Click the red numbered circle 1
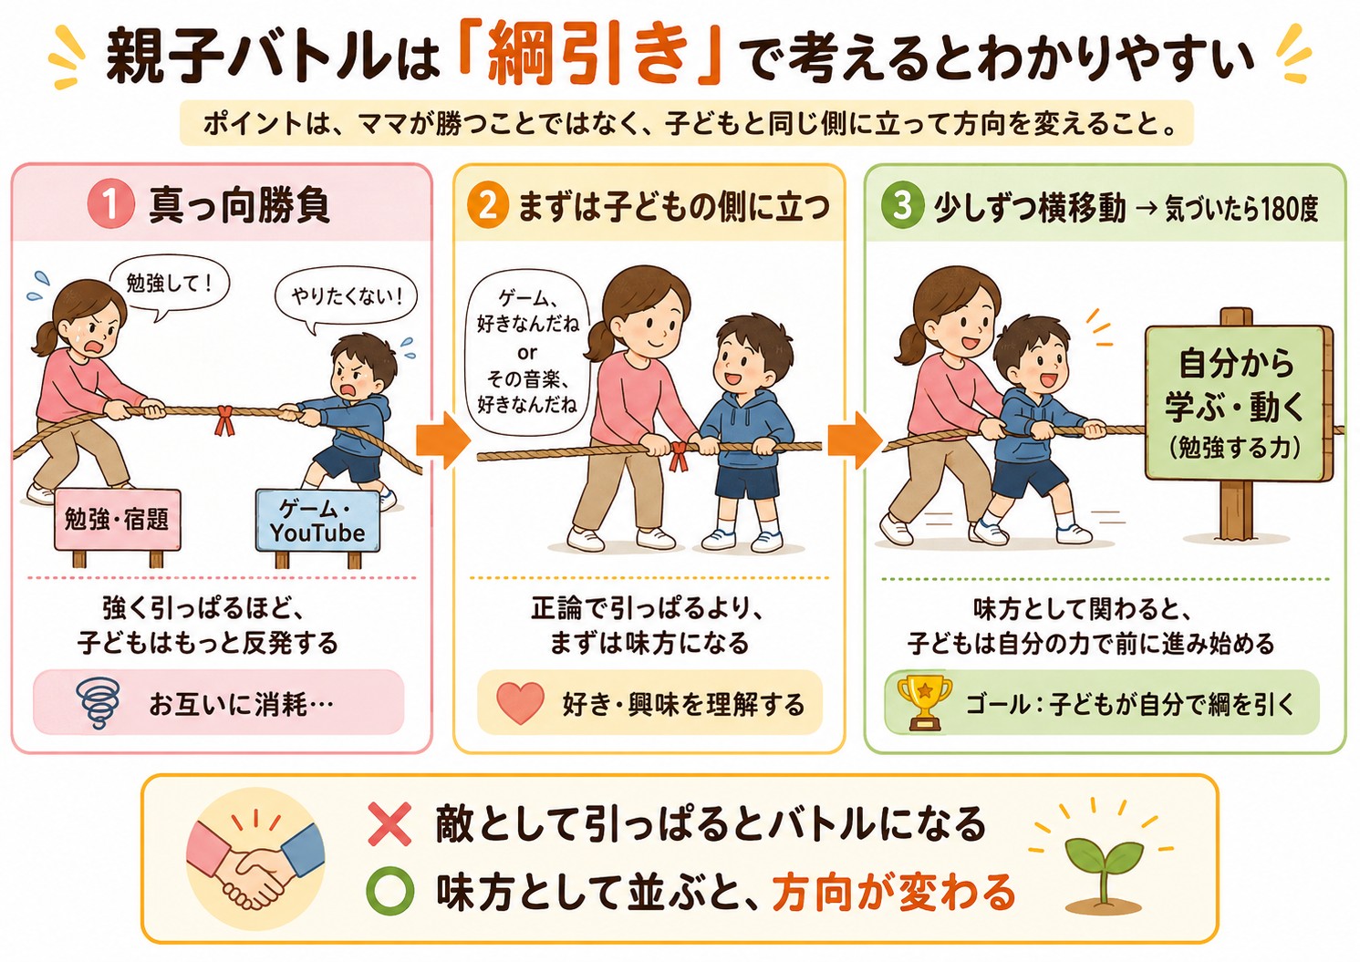point(110,205)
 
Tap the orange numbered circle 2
point(487,206)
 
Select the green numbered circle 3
point(902,205)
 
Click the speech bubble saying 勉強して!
point(169,286)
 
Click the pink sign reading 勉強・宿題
point(117,520)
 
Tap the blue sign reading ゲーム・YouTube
point(317,522)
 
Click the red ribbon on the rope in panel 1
point(224,419)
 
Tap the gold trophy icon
point(924,701)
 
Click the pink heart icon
point(520,703)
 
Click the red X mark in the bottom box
point(389,823)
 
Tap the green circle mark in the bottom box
point(390,892)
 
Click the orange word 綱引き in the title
point(588,57)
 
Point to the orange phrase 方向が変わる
point(893,892)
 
